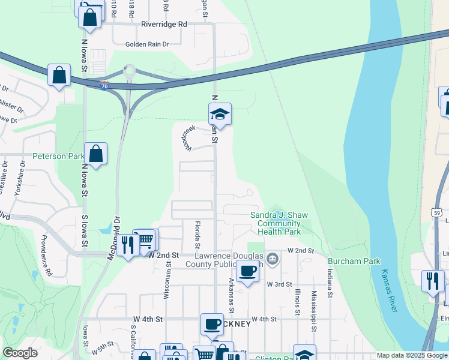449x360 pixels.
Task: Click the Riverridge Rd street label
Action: click(164, 25)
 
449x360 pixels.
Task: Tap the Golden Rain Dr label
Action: click(148, 44)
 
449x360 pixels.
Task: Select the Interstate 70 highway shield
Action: click(104, 85)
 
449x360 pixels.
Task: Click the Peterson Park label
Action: click(58, 156)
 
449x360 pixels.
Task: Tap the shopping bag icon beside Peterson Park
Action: click(96, 154)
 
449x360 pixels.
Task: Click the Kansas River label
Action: click(388, 290)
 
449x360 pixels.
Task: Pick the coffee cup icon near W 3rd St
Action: click(247, 272)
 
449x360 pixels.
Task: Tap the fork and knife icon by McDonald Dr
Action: click(127, 245)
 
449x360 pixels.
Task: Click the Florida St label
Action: click(196, 234)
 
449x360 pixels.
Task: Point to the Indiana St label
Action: click(330, 283)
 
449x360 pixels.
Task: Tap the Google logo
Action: click(20, 353)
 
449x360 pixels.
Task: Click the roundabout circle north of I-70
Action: click(129, 71)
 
